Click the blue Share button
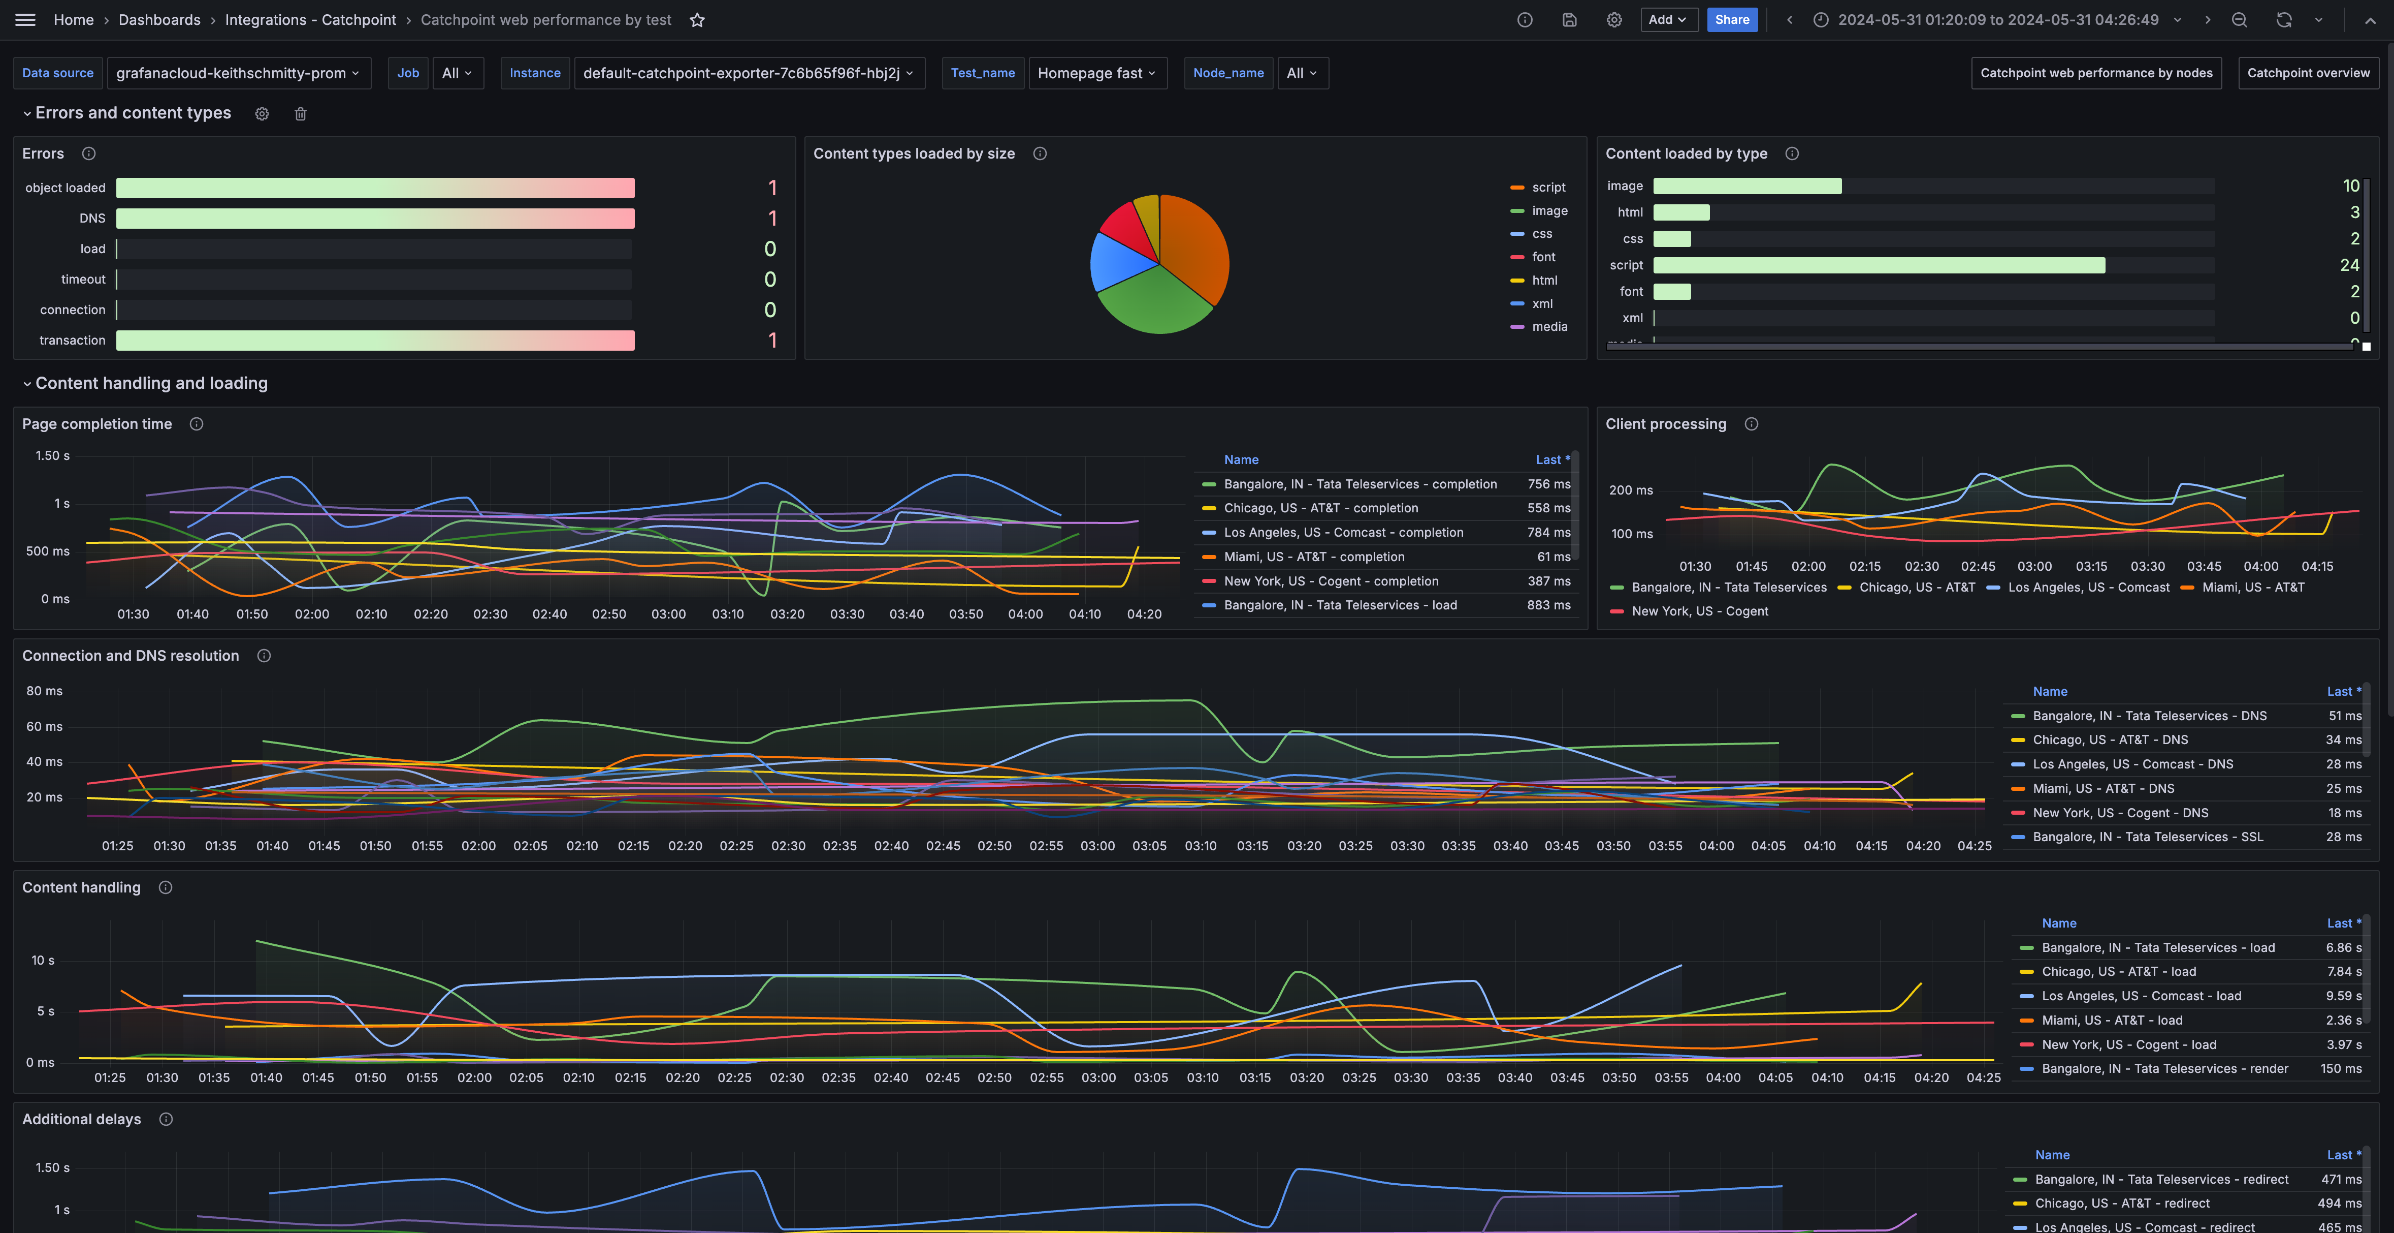(x=1731, y=19)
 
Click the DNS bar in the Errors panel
(x=374, y=219)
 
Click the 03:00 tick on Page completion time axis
(x=668, y=614)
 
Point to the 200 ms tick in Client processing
(x=1631, y=490)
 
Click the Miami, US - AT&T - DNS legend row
(x=2102, y=788)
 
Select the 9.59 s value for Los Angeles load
(x=2343, y=996)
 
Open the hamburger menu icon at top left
(x=25, y=19)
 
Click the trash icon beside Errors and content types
(x=300, y=113)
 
